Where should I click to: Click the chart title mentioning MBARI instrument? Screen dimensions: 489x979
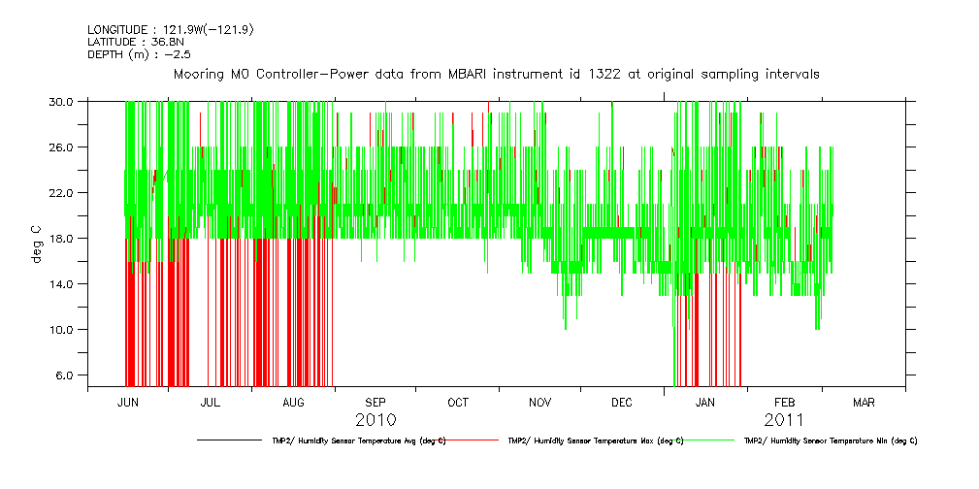496,74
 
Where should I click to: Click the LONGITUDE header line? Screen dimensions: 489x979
171,29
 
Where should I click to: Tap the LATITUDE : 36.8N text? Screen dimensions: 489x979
136,42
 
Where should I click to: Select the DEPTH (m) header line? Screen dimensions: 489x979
139,54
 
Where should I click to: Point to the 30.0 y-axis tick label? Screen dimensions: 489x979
63,101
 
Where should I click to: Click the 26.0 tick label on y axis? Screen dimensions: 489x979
63,147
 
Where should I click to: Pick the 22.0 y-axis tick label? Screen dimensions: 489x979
63,192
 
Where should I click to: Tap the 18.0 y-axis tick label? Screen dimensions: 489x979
63,238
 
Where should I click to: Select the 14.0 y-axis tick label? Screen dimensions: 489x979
63,283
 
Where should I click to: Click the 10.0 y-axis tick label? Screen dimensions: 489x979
63,329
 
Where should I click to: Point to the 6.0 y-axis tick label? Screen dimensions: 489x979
66,375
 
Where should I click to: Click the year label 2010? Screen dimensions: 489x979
375,420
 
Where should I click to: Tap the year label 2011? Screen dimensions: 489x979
784,420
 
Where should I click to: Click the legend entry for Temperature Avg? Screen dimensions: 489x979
358,440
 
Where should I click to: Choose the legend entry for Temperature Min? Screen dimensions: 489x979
830,440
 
